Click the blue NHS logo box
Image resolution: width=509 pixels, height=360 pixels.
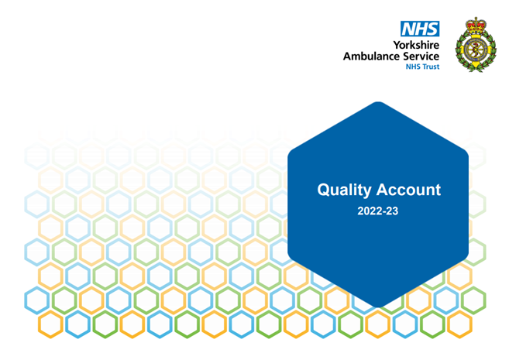coord(420,29)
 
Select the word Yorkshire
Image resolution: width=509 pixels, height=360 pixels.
coord(416,45)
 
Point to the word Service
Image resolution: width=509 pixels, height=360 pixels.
coord(421,56)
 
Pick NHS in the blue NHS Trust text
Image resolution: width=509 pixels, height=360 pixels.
coord(413,67)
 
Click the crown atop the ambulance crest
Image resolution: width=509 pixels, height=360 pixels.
coord(476,25)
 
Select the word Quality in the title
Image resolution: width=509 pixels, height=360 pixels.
coord(344,190)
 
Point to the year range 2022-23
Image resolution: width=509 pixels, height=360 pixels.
coord(378,211)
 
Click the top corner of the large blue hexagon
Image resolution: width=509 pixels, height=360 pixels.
coord(378,102)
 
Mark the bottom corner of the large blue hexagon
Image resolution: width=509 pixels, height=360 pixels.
coord(378,307)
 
